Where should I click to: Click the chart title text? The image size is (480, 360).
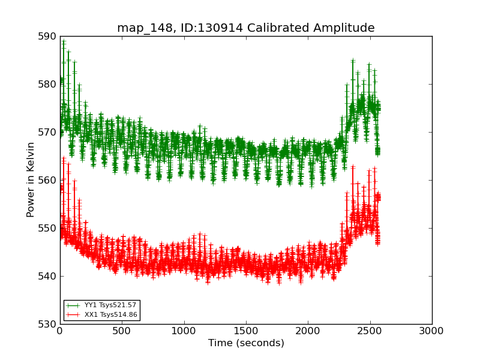click(245, 28)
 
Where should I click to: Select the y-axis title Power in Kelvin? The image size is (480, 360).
click(31, 179)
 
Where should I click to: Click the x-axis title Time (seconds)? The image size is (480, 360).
click(246, 343)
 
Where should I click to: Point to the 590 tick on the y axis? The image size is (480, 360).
click(47, 37)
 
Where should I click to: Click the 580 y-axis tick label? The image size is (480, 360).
click(47, 84)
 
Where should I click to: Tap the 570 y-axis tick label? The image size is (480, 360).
click(47, 132)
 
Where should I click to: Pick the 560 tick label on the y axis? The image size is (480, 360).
click(47, 180)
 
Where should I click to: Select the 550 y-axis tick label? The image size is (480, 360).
click(47, 228)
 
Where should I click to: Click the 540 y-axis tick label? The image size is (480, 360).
click(47, 276)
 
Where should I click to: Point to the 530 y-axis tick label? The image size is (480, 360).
click(47, 324)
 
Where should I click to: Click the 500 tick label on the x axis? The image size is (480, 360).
click(122, 331)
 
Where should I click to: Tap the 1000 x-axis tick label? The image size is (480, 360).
click(184, 331)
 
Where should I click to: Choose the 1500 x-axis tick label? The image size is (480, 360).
click(246, 331)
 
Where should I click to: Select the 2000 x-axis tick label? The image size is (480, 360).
click(308, 331)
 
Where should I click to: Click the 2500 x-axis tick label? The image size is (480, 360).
click(370, 331)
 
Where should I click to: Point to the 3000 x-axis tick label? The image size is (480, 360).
click(432, 331)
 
